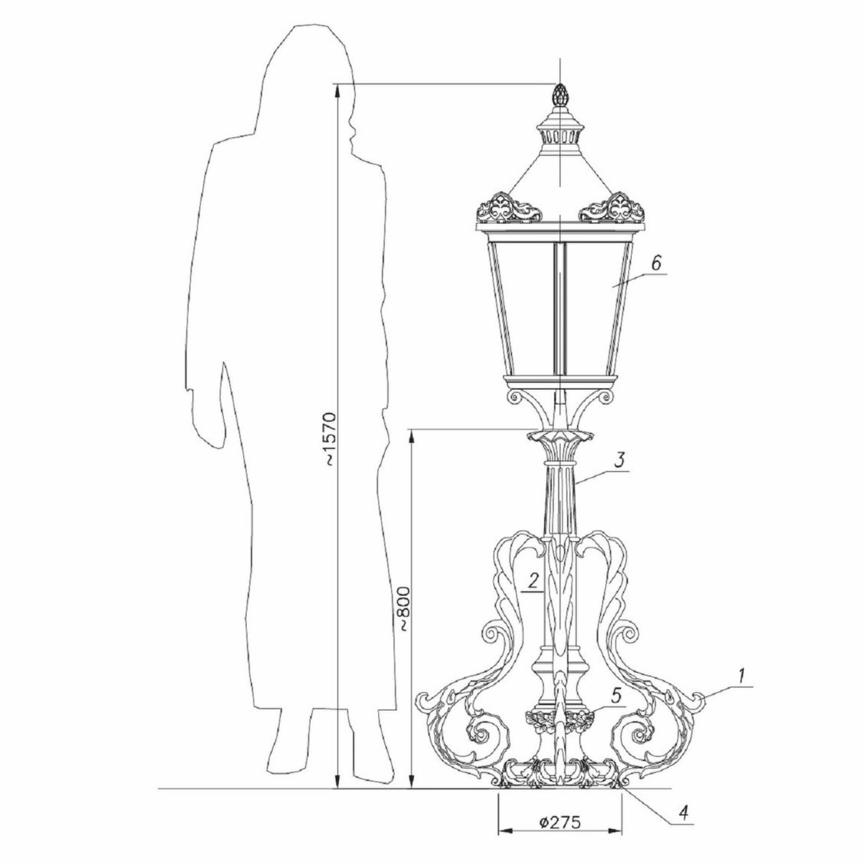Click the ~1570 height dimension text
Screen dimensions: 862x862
point(330,438)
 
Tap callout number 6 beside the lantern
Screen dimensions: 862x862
point(655,263)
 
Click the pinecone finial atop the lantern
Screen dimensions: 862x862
point(559,96)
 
